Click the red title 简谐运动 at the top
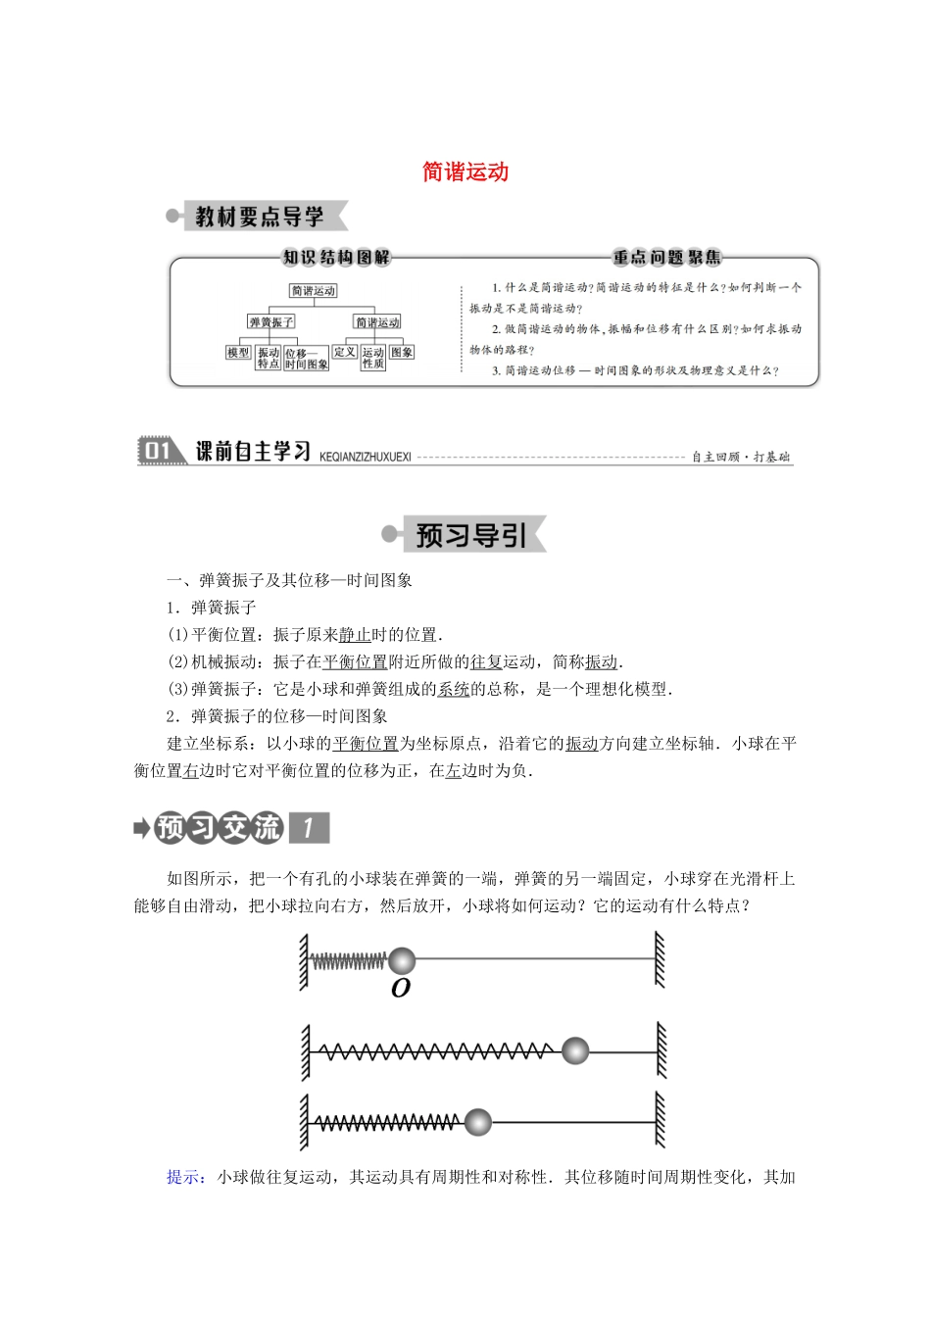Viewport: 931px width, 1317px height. pyautogui.click(x=465, y=172)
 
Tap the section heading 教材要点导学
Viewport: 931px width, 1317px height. pyautogui.click(x=260, y=217)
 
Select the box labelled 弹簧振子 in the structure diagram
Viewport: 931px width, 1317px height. pyautogui.click(x=270, y=322)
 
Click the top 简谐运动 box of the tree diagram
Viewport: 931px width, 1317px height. pyautogui.click(x=314, y=291)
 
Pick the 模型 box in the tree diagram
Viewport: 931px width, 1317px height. pyautogui.click(x=238, y=353)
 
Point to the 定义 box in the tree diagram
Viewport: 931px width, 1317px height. pyautogui.click(x=345, y=352)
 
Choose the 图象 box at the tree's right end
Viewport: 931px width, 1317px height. pyautogui.click(x=402, y=352)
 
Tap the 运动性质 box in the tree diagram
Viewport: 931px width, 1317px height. pyautogui.click(x=373, y=358)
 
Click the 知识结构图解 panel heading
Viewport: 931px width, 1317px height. pyautogui.click(x=336, y=258)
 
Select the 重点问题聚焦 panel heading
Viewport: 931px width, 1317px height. pyautogui.click(x=666, y=258)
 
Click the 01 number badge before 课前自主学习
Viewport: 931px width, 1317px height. pyautogui.click(x=158, y=451)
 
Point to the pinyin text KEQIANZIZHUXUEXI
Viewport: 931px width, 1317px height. pyautogui.click(x=366, y=457)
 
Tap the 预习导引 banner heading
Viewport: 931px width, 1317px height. pyautogui.click(x=471, y=535)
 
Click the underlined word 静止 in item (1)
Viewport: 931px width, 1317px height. pyautogui.click(x=355, y=635)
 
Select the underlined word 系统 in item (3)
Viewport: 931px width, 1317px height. pyautogui.click(x=454, y=690)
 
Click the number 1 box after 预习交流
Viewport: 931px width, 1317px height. pyautogui.click(x=309, y=828)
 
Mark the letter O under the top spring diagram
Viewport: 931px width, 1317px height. pyautogui.click(x=400, y=989)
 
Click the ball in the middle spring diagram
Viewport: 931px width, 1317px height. pyautogui.click(x=575, y=1051)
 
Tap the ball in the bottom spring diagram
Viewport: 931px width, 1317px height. pyautogui.click(x=477, y=1122)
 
